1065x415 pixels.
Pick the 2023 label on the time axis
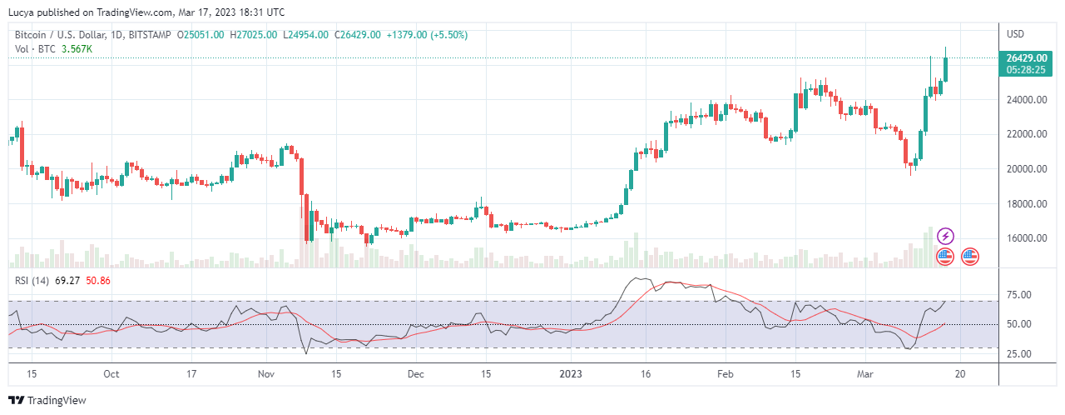(571, 374)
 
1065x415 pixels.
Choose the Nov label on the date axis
(265, 374)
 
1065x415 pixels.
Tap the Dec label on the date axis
(416, 374)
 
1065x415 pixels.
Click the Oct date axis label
(112, 374)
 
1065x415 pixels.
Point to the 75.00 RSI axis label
(1019, 295)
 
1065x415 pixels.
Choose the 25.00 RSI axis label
(1019, 354)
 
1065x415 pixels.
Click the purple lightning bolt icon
(945, 237)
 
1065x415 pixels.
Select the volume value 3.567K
(77, 49)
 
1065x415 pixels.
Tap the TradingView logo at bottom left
(47, 400)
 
